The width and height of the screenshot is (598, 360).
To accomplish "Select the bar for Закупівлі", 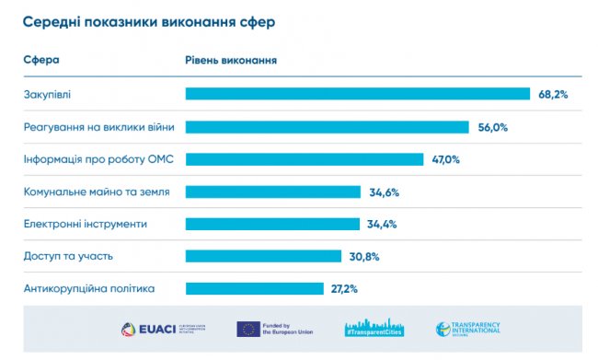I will point(358,94).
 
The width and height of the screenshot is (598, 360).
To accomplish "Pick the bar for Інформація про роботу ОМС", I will point(305,159).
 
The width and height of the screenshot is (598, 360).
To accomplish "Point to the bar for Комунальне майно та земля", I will point(273,192).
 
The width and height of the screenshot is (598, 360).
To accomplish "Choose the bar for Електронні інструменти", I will point(272,224).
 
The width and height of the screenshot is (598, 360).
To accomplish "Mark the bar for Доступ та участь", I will point(264,256).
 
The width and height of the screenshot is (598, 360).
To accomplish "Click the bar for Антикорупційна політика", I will point(255,288).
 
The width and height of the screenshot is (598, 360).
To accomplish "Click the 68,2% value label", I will point(553,94).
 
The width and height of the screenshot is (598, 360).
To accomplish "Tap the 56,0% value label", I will point(493,127).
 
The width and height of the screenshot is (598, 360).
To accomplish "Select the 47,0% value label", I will point(445,159).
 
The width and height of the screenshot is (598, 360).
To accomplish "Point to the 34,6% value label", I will point(384,192).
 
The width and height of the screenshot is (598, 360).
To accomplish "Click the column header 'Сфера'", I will point(41,61).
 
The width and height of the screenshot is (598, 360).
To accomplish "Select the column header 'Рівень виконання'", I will point(232,61).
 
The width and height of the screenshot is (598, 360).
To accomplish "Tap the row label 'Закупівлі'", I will point(46,94).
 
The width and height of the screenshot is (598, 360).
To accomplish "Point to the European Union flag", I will point(248,329).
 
